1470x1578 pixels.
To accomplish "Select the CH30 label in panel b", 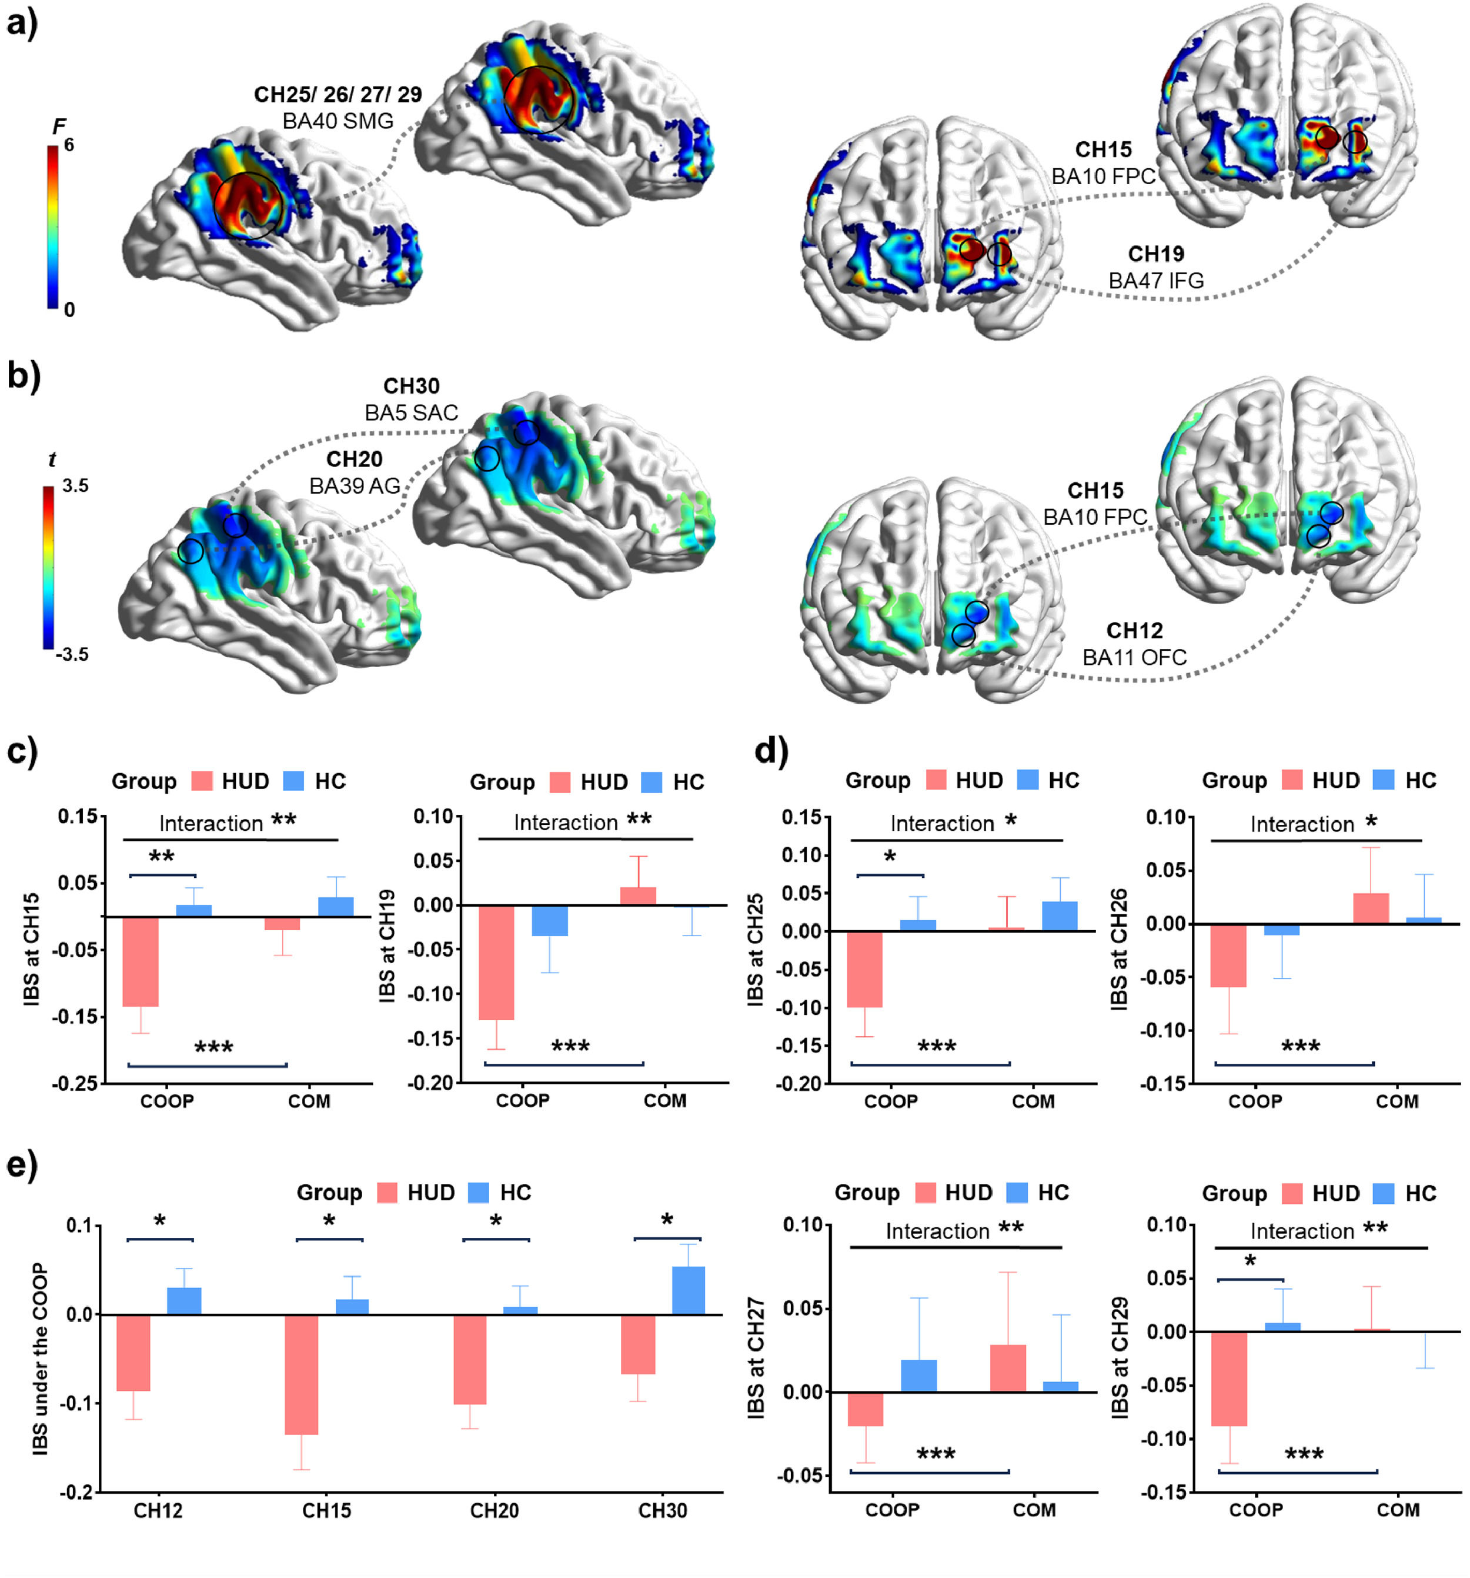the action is [411, 386].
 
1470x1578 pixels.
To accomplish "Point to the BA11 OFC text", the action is [1134, 657].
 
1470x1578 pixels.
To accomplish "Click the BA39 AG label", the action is [354, 486].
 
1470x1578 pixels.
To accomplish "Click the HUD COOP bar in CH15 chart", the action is [141, 961].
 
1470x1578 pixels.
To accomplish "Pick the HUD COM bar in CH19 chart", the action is [638, 896].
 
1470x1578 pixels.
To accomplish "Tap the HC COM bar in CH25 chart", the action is [1060, 916].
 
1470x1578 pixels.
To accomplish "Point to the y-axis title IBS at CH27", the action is [756, 1357].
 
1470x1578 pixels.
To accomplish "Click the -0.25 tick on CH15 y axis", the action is [75, 1084].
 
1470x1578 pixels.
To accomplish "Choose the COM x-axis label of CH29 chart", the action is [1398, 1510].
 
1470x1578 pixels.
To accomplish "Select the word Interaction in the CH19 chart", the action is [566, 823].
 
